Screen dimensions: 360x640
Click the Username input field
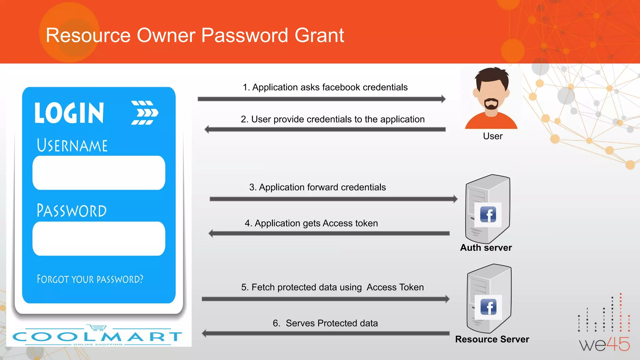(99, 173)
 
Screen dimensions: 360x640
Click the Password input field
(99, 238)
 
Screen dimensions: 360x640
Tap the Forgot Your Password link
(90, 279)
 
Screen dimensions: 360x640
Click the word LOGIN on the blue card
(69, 113)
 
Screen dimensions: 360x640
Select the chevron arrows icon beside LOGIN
(144, 113)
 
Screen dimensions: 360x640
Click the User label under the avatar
(492, 136)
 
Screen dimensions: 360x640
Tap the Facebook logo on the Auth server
(488, 214)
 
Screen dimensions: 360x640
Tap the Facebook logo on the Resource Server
(488, 307)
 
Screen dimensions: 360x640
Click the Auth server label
(486, 248)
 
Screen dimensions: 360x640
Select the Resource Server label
(492, 339)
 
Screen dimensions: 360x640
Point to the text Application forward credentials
(317, 187)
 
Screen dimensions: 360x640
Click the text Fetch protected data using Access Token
(332, 287)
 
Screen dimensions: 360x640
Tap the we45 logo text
(604, 344)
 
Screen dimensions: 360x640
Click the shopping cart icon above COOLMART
(97, 327)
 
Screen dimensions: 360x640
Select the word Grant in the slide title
(319, 35)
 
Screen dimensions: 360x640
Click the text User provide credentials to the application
(332, 119)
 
